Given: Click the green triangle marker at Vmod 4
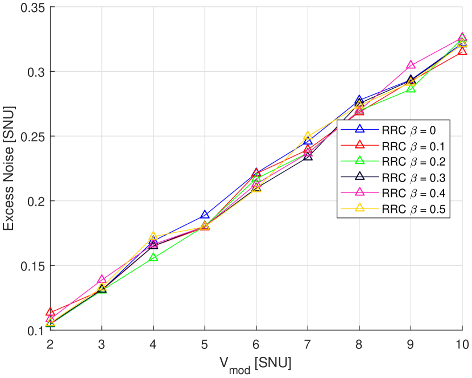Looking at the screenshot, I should point(154,258).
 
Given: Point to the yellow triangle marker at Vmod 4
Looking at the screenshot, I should point(154,236).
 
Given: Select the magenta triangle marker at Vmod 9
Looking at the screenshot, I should point(411,65).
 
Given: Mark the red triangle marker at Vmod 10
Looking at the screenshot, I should point(462,52).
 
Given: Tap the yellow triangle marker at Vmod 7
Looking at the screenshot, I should point(308,136).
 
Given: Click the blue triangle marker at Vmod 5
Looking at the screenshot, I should point(205,215).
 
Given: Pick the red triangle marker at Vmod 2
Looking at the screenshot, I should point(51,312).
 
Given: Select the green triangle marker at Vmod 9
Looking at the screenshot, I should point(411,89).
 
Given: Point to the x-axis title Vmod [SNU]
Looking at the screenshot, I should point(256,363).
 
